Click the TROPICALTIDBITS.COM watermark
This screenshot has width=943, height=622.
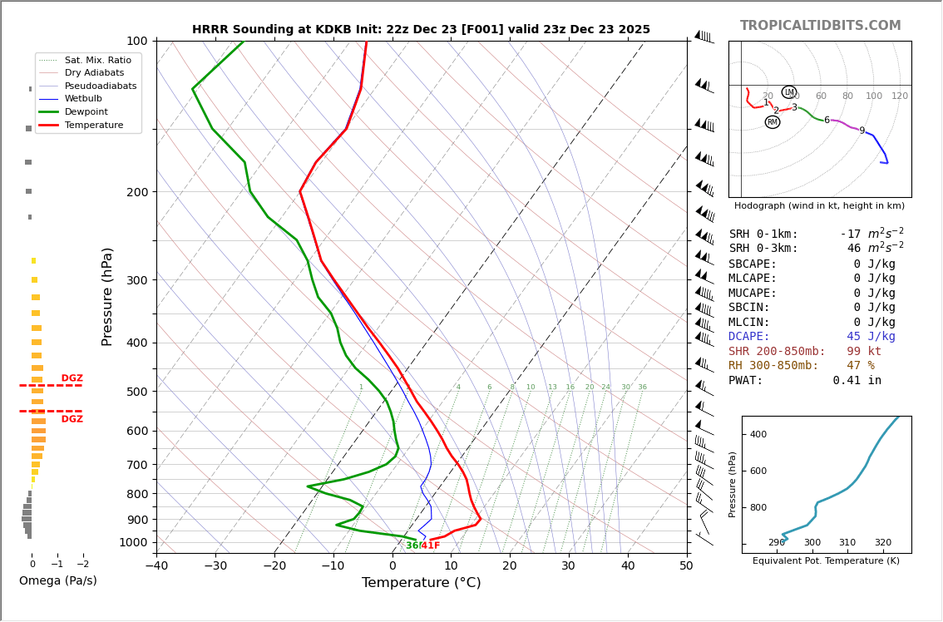[820, 26]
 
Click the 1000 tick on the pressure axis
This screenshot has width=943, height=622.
[133, 542]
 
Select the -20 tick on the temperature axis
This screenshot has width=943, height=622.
[274, 566]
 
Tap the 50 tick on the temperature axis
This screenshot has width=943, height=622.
[686, 566]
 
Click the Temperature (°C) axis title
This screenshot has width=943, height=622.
[421, 583]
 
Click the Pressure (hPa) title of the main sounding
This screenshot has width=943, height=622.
[108, 296]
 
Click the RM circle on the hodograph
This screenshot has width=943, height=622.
[773, 122]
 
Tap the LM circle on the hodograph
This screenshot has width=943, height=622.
[789, 92]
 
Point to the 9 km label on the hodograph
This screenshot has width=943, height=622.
[862, 131]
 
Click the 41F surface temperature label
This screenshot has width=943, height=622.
[431, 545]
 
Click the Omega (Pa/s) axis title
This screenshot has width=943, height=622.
[57, 580]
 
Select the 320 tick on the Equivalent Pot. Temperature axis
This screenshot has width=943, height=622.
[882, 543]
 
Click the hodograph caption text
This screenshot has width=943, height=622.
[819, 205]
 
